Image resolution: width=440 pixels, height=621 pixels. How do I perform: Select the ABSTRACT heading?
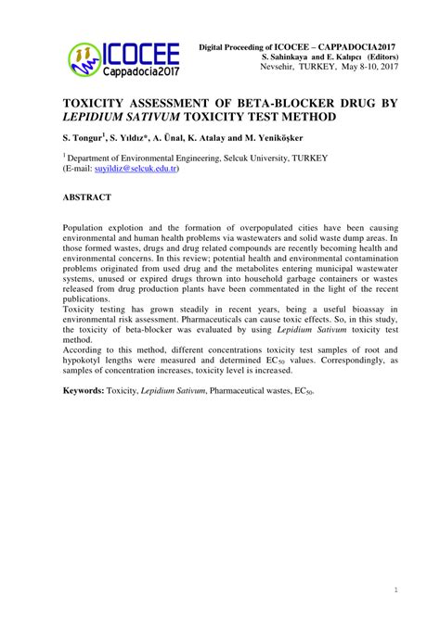(x=87, y=197)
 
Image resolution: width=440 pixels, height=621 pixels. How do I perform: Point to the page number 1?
(x=396, y=589)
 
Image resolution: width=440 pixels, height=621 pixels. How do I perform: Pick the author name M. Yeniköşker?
(x=273, y=137)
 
